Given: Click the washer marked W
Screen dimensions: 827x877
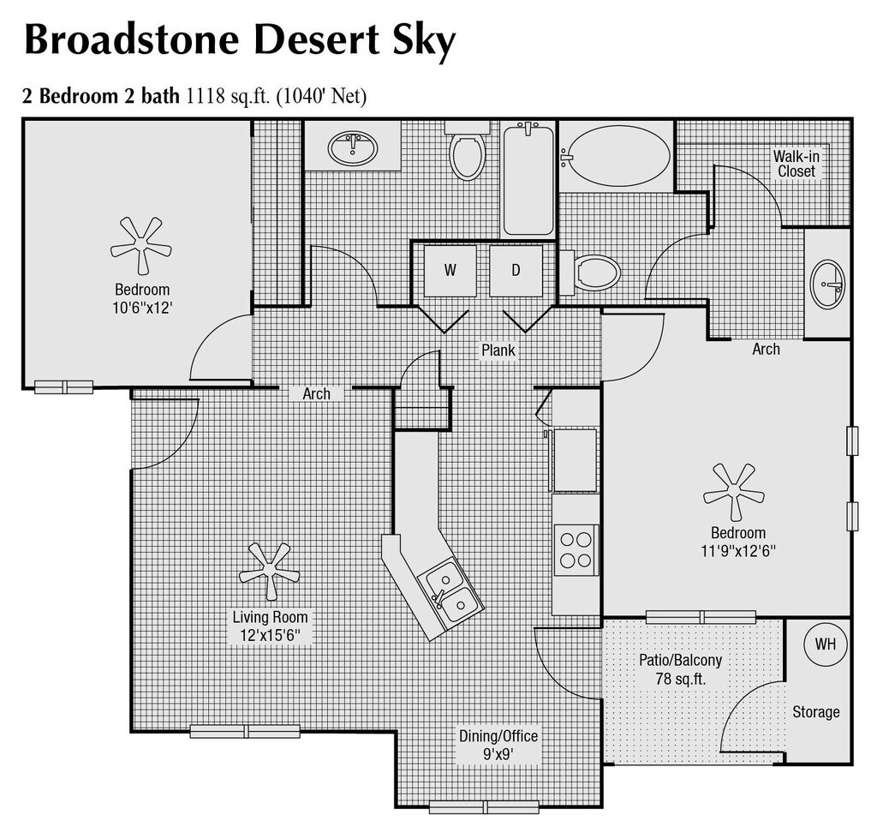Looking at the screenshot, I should click(450, 271).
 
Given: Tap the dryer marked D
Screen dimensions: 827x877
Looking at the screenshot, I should click(516, 271).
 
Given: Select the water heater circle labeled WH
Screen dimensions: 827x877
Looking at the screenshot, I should click(825, 644).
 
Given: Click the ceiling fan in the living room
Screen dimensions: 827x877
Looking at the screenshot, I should click(269, 571).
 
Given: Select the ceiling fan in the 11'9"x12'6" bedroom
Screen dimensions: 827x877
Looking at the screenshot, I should click(734, 492).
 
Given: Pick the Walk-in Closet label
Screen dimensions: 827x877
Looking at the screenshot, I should click(796, 164).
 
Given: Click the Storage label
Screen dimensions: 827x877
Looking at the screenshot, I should click(815, 712).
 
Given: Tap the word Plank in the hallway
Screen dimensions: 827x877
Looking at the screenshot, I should click(498, 351).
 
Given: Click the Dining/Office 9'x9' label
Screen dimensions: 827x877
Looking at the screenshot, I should click(498, 745).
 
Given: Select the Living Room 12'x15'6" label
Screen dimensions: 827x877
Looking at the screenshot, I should click(270, 626).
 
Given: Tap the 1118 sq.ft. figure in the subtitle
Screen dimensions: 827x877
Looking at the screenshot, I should click(230, 97).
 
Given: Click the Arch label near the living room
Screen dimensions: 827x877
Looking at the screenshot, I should click(316, 394).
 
